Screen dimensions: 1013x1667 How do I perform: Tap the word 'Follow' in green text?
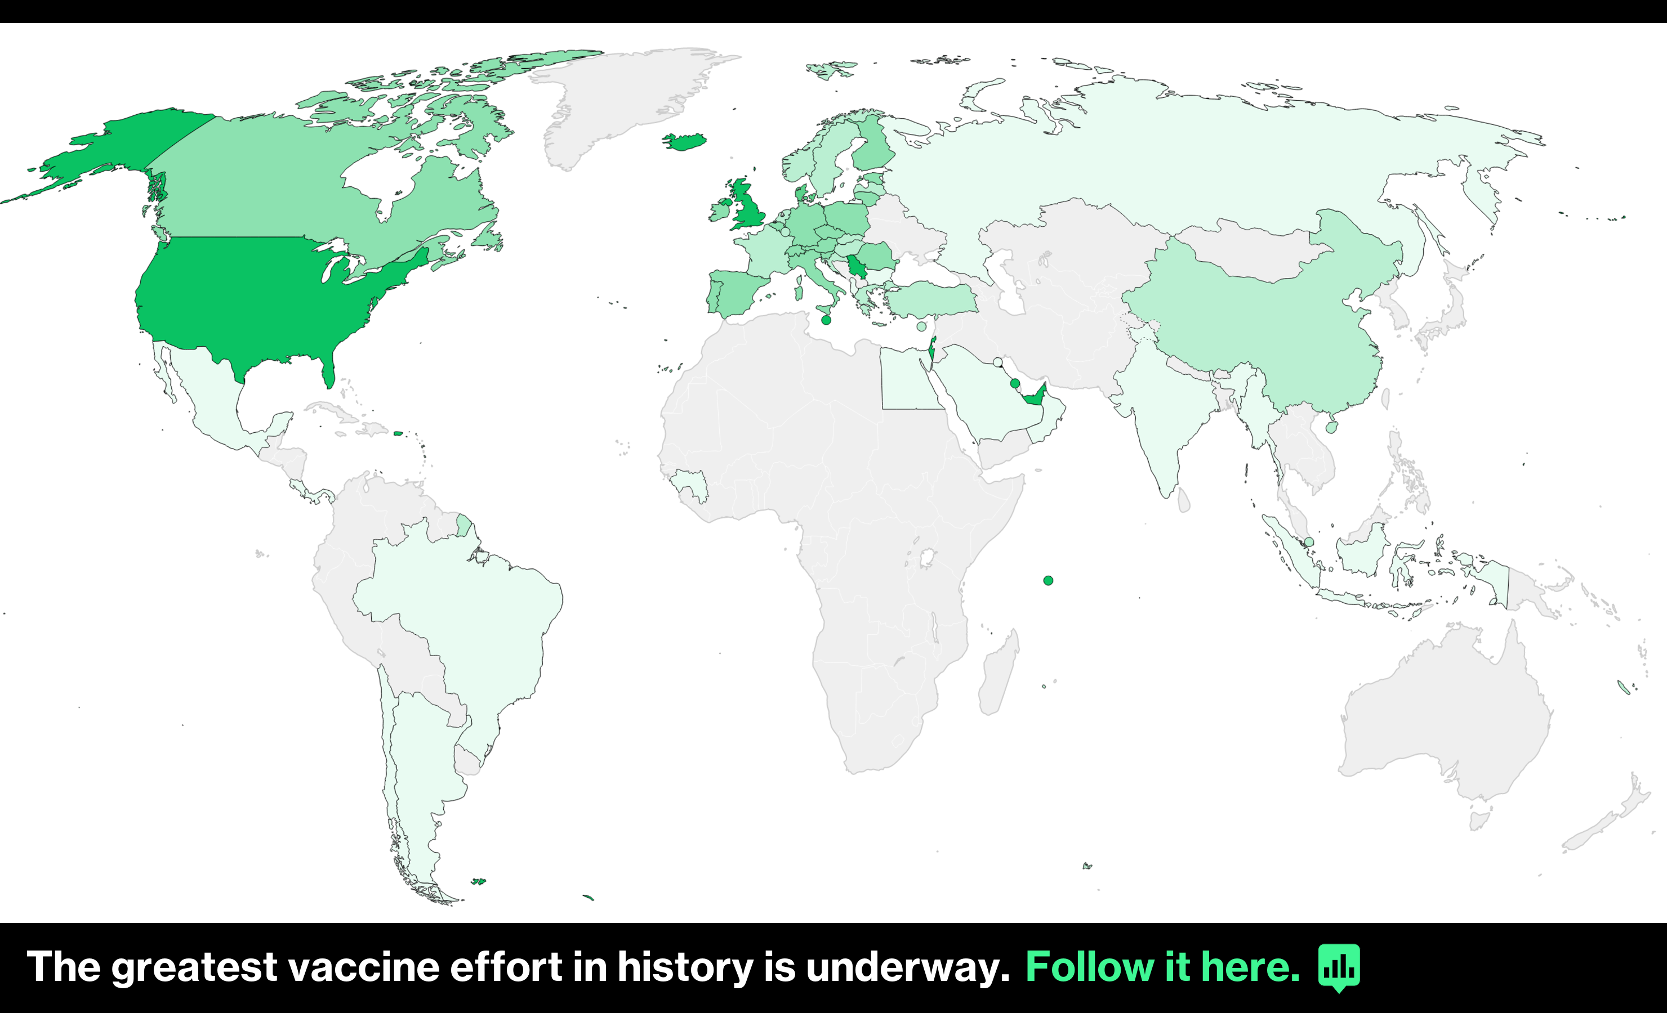coord(1090,967)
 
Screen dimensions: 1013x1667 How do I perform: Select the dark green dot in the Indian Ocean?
coord(1048,580)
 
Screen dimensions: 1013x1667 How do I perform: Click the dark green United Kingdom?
coord(747,206)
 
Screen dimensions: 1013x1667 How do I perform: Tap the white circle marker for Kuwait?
coord(998,362)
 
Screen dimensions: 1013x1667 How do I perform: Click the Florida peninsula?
coord(328,372)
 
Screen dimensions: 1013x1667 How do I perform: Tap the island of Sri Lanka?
coord(1184,501)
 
